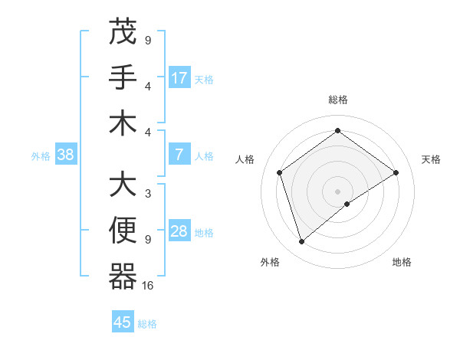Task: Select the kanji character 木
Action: click(123, 122)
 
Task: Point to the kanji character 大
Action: click(123, 184)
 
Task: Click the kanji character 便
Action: click(123, 230)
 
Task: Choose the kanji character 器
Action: click(123, 276)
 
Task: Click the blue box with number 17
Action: click(179, 77)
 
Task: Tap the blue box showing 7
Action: click(179, 155)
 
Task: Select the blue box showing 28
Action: click(179, 231)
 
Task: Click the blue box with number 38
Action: click(66, 155)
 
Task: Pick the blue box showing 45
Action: click(123, 322)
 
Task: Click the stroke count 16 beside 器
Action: click(148, 286)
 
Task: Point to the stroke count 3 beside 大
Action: click(148, 194)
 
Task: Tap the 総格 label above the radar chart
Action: click(338, 100)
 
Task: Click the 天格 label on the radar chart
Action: click(431, 159)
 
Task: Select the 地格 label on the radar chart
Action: click(402, 262)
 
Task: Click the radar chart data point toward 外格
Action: click(301, 242)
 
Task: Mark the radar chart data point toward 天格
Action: click(396, 172)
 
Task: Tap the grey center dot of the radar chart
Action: click(338, 191)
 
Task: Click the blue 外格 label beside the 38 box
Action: click(41, 155)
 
